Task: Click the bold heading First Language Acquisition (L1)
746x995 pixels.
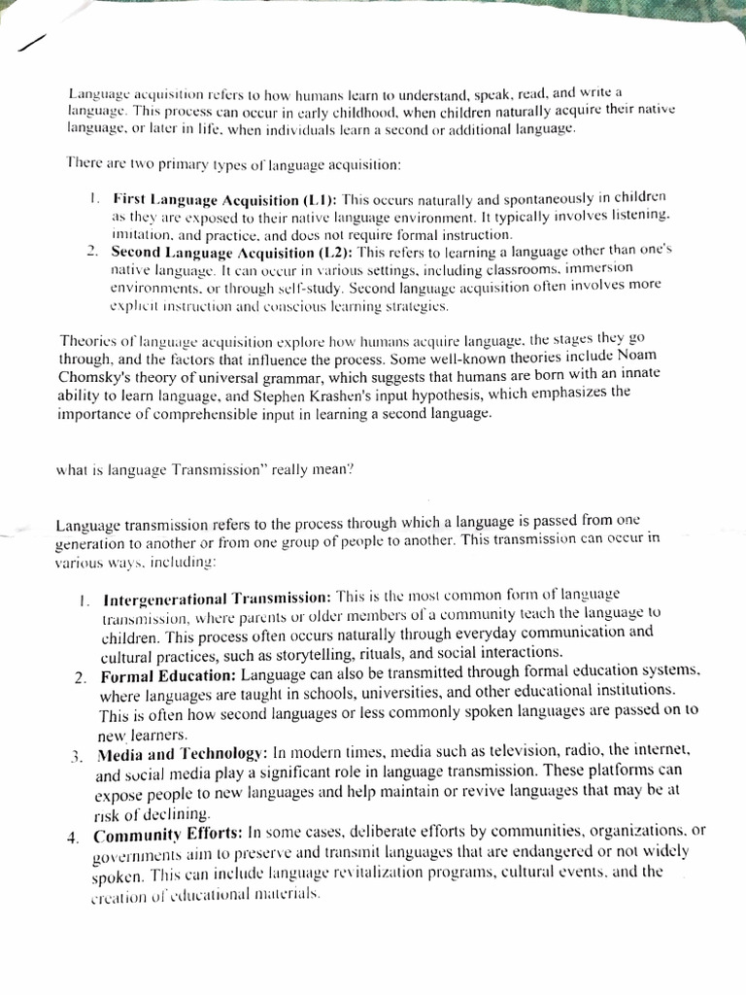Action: tap(225, 199)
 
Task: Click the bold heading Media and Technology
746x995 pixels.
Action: tap(182, 754)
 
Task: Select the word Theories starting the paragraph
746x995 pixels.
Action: tap(90, 341)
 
